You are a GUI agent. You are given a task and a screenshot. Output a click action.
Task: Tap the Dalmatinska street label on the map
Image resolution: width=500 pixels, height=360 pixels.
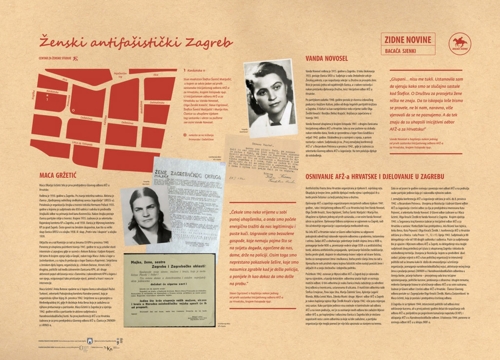click(x=157, y=102)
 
